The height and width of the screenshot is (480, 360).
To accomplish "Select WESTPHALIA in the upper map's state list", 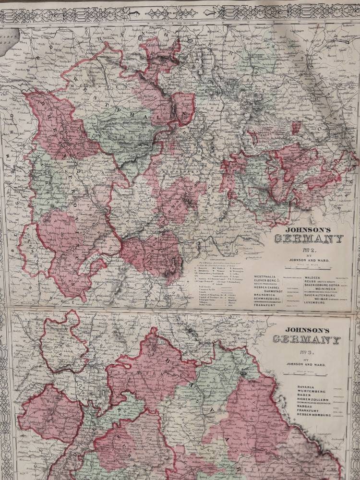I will [x=266, y=277].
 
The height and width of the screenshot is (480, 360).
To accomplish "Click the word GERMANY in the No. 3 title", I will [x=306, y=339].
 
